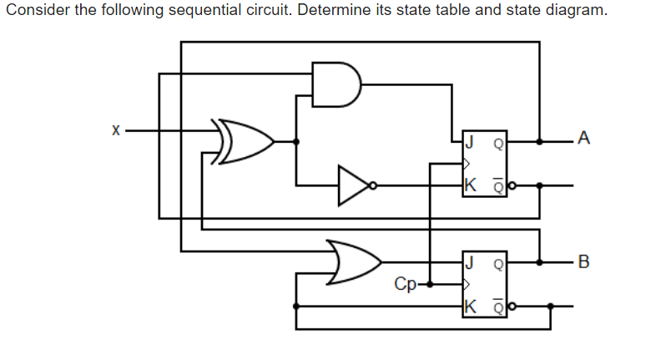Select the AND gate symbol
click(x=335, y=84)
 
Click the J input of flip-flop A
click(x=471, y=140)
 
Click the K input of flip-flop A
click(x=471, y=185)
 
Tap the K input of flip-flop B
click(x=471, y=307)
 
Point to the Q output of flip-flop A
click(x=498, y=141)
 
